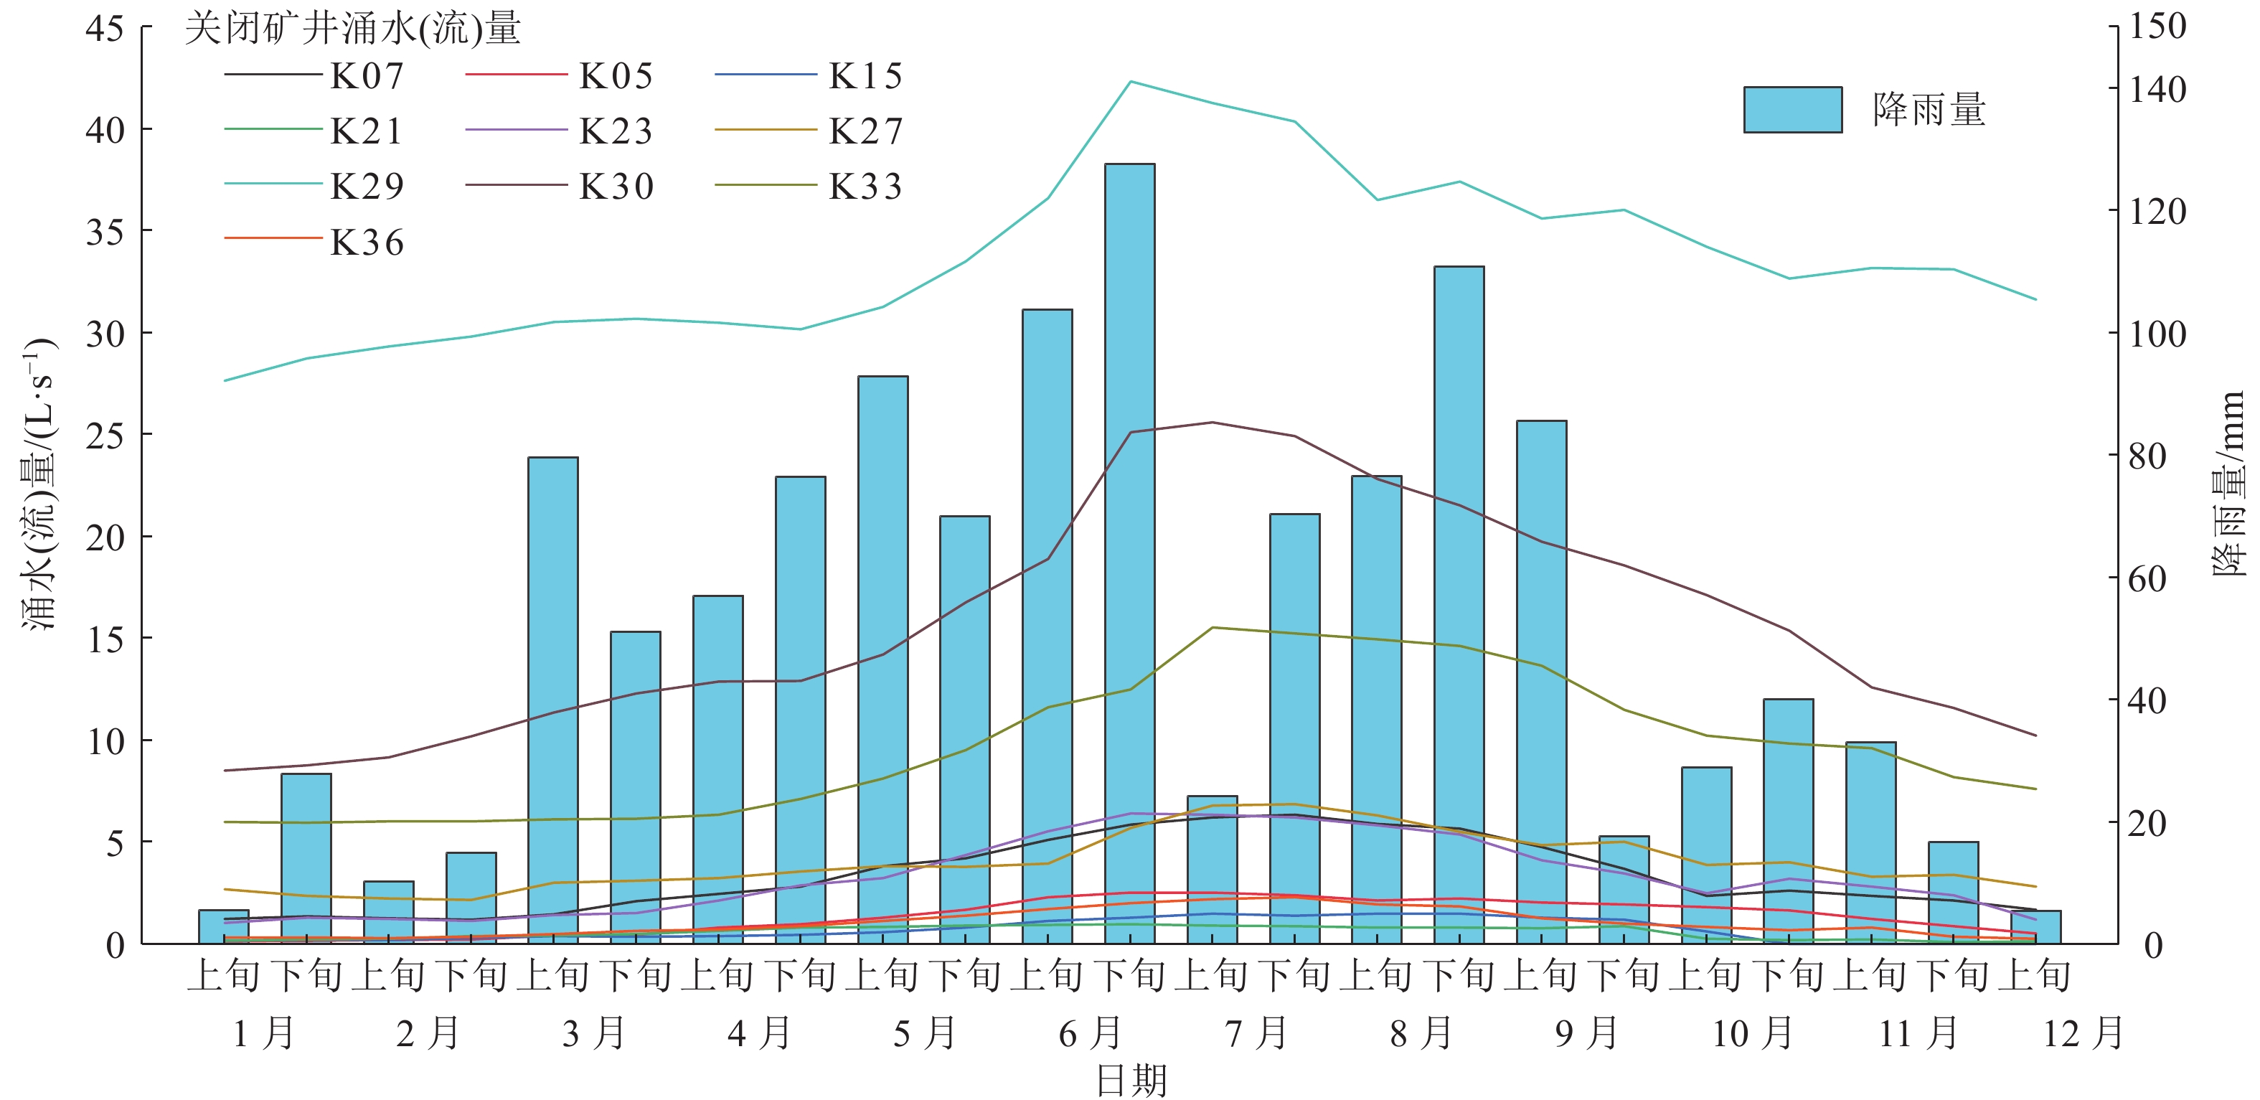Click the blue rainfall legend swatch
tap(1791, 110)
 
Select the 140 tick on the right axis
tap(2157, 90)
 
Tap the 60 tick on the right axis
tap(2147, 579)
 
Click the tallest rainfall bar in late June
tap(1129, 553)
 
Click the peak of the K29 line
tap(1130, 82)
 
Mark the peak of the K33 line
tap(1213, 627)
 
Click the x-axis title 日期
tap(1131, 1081)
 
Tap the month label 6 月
tap(1090, 1033)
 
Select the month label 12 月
tap(2082, 1033)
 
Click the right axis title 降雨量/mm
tap(2228, 482)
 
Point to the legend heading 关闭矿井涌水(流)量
tap(353, 29)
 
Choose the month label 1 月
tap(263, 1033)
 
